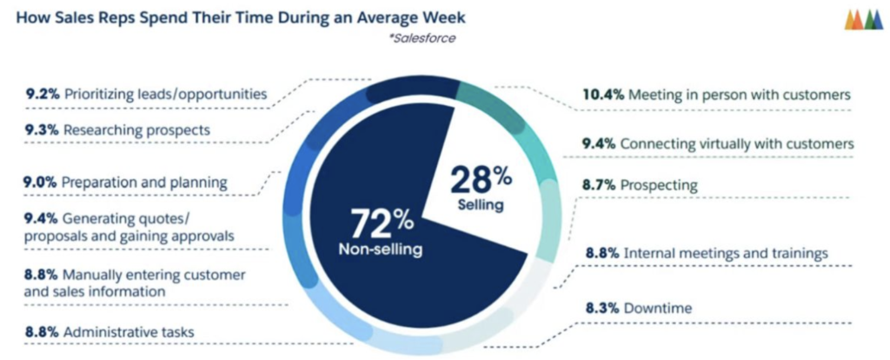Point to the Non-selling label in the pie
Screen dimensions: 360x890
tap(382, 250)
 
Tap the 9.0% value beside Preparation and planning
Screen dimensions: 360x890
tap(43, 183)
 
